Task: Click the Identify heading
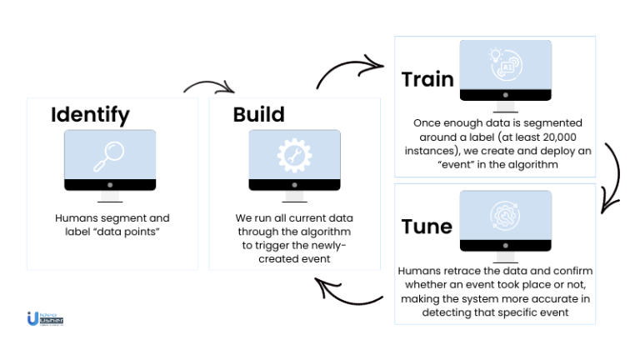(89, 114)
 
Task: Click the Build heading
(258, 114)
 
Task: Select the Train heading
(427, 79)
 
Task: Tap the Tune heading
(427, 227)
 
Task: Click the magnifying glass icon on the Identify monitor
(110, 154)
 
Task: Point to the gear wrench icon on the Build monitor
(294, 154)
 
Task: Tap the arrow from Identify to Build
(209, 87)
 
